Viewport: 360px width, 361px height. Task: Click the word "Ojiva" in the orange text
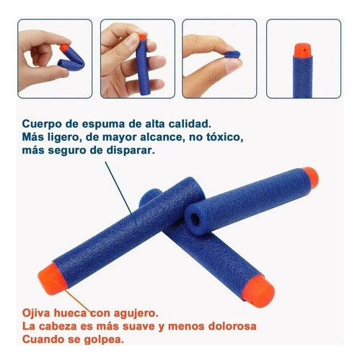36,313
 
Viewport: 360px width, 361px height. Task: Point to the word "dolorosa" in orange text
232,326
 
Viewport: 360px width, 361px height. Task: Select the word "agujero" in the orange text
136,314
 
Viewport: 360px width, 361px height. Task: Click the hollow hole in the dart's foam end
194,219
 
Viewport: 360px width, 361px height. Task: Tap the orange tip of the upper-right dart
310,178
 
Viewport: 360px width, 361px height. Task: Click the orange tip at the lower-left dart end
52,279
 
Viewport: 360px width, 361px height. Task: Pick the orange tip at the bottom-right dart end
258,292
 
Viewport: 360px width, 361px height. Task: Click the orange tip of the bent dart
64,48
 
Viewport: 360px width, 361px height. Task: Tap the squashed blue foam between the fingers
233,54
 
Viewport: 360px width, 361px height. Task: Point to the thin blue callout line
121,193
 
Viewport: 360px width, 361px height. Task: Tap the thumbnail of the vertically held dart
138,58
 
